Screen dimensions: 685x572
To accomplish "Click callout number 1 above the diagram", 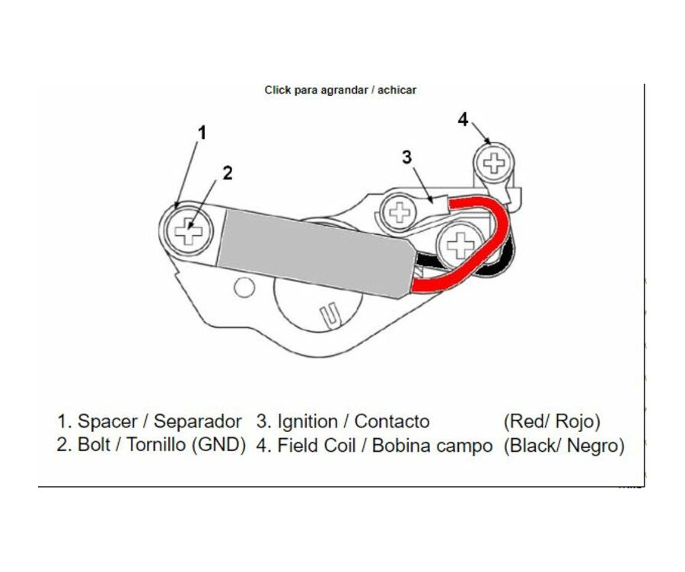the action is coord(202,133).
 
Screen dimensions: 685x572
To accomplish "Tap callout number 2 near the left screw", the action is coord(227,173).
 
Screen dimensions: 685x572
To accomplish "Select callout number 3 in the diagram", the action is coord(406,157).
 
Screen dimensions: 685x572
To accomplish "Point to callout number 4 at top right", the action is coord(463,119).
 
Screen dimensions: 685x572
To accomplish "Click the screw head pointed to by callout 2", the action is coord(189,230).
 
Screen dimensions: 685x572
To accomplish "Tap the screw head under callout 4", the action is coord(494,163).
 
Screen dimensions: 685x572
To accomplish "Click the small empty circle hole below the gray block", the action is coord(244,288).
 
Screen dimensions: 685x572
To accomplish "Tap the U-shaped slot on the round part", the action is coord(330,314).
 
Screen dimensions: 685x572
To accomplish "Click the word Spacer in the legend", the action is coord(107,421).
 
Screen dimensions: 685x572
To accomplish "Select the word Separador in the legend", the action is coord(197,421).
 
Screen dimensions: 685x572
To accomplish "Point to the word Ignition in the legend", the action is coord(307,422).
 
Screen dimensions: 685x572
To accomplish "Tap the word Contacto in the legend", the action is coord(392,422).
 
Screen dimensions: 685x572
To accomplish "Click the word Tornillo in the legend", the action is coord(156,445).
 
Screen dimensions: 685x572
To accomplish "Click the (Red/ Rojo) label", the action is coord(552,422).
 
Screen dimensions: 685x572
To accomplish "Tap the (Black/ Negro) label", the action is coord(564,446).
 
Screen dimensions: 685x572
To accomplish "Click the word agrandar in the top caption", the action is coord(344,91).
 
